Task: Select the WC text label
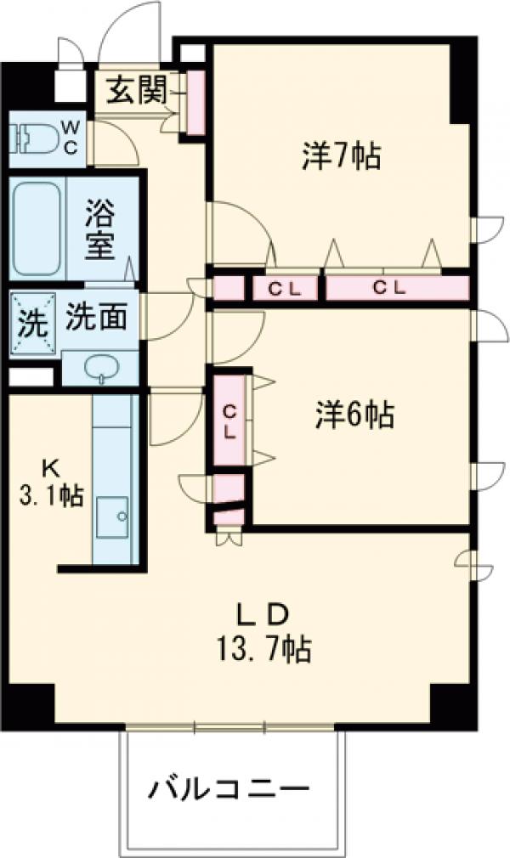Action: (71, 137)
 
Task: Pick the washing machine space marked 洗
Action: (31, 323)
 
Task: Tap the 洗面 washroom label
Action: (98, 317)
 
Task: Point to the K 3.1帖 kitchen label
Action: (51, 483)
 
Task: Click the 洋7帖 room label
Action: (340, 156)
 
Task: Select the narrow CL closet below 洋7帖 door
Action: (285, 289)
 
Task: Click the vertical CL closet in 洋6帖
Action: (229, 421)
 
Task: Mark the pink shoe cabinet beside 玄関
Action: (195, 100)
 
